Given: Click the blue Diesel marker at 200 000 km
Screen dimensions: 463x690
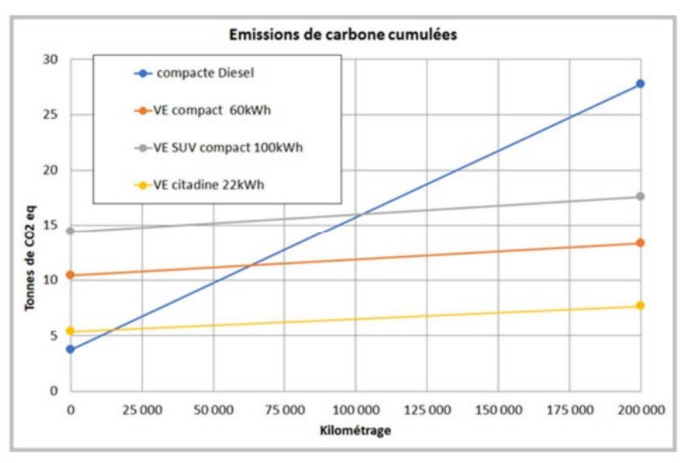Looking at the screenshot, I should pos(639,83).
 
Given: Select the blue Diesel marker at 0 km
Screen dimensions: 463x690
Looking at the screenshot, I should pos(70,349).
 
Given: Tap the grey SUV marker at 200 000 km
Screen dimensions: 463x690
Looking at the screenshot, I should pos(639,196).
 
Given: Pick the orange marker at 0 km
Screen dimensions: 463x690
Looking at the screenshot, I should pos(70,275).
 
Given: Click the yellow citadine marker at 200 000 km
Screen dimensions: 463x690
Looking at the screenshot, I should pos(639,306).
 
